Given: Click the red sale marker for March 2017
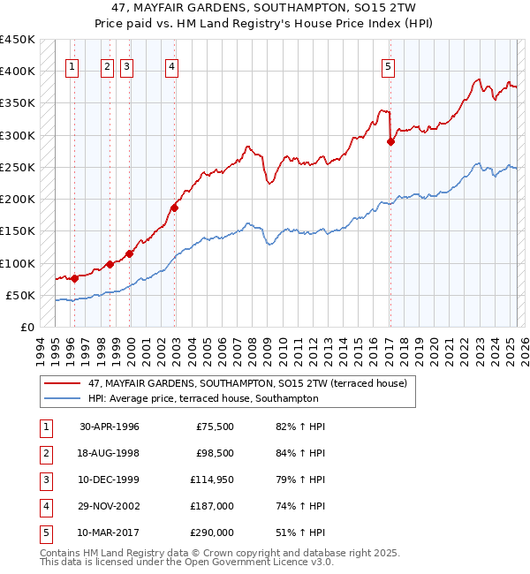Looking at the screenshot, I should [390, 141].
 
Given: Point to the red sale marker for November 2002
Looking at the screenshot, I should [175, 208].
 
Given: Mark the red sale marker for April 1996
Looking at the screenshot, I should [74, 278].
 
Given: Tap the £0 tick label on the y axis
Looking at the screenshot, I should [26, 328].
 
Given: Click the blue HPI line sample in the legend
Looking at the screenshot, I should [64, 398].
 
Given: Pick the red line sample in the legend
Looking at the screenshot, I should [64, 384].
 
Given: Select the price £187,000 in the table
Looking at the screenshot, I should [212, 507].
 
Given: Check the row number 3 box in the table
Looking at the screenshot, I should [43, 480].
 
